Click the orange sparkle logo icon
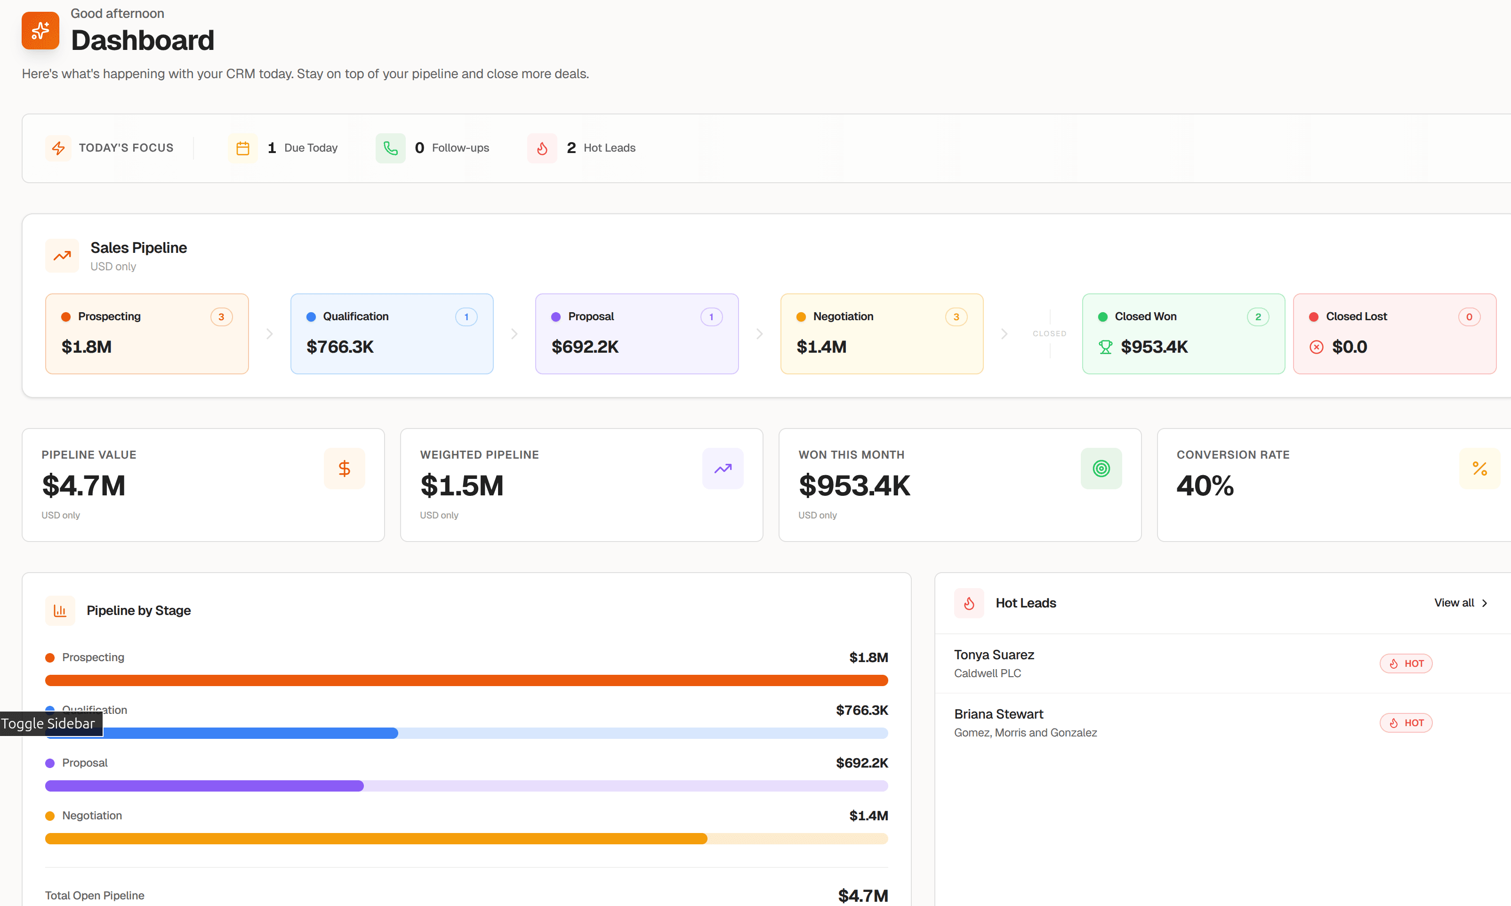pyautogui.click(x=40, y=31)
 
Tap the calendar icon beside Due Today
pyautogui.click(x=242, y=148)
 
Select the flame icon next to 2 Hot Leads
pyautogui.click(x=542, y=148)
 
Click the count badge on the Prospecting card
pyautogui.click(x=221, y=317)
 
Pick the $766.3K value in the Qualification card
pyautogui.click(x=340, y=347)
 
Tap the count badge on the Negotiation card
pyautogui.click(x=956, y=317)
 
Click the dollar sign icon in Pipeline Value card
pyautogui.click(x=344, y=468)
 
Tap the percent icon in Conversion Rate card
pyautogui.click(x=1479, y=468)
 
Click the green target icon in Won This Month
pyautogui.click(x=1101, y=468)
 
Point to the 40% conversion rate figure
pyautogui.click(x=1205, y=486)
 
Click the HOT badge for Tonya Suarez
pyautogui.click(x=1406, y=663)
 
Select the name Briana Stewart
pyautogui.click(x=998, y=714)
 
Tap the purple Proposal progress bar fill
pyautogui.click(x=204, y=786)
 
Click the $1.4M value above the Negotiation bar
pyautogui.click(x=868, y=816)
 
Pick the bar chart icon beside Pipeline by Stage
pyautogui.click(x=60, y=610)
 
